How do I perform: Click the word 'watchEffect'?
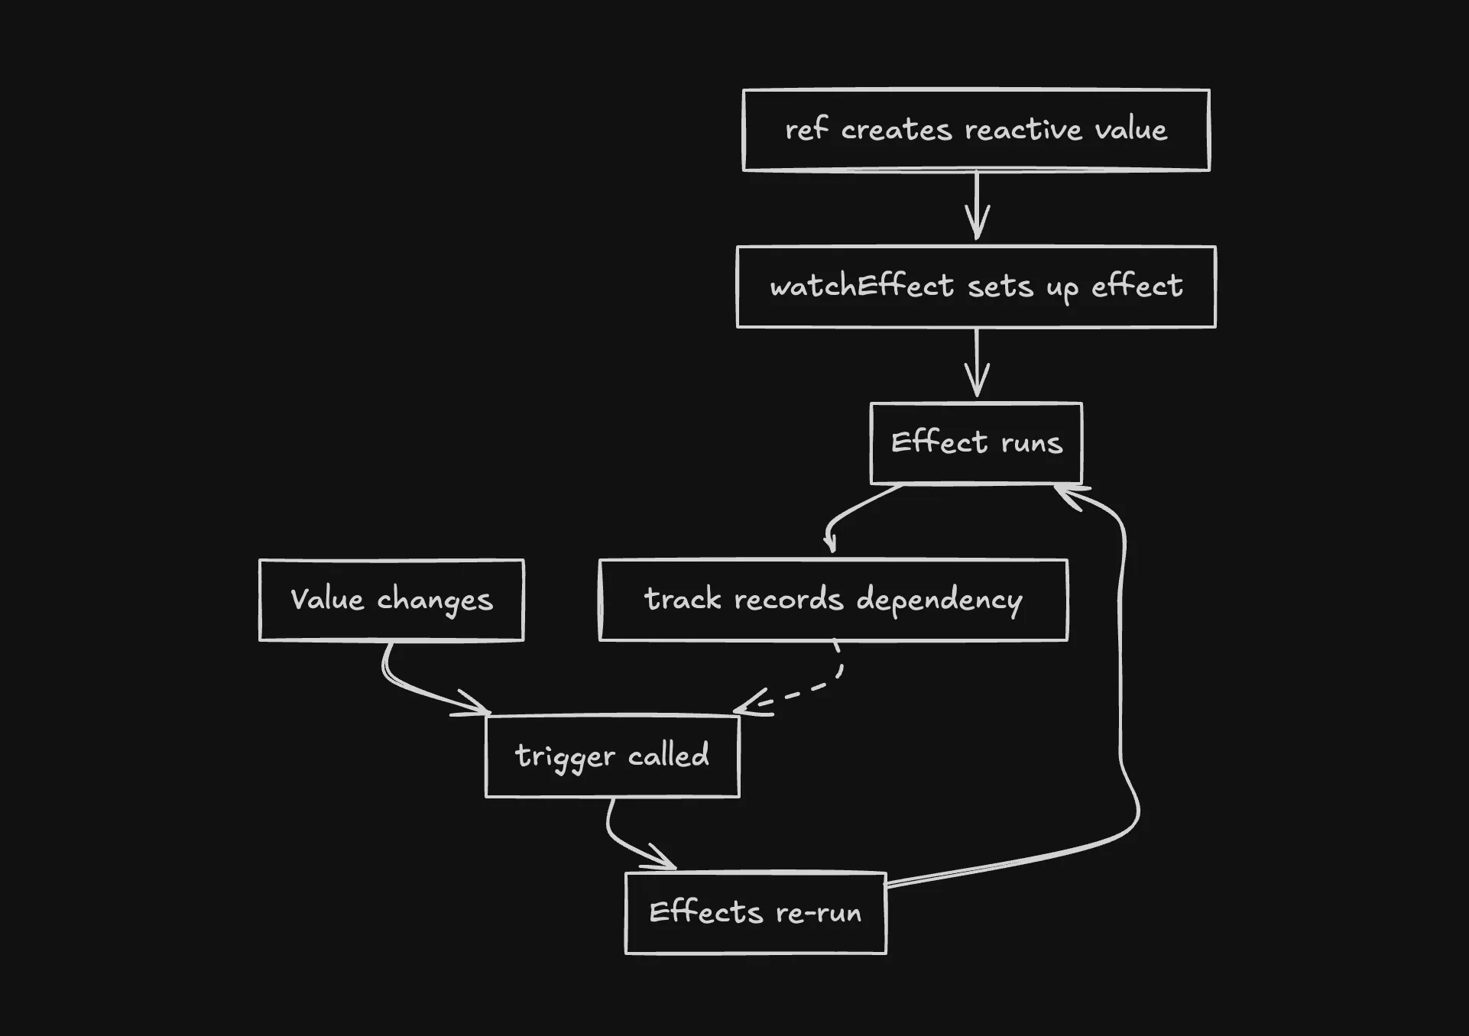pyautogui.click(x=861, y=287)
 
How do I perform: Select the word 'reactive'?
pyautogui.click(x=1023, y=130)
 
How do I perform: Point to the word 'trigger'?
pyautogui.click(x=565, y=757)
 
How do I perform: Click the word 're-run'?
pyautogui.click(x=819, y=913)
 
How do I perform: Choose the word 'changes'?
pyautogui.click(x=434, y=601)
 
